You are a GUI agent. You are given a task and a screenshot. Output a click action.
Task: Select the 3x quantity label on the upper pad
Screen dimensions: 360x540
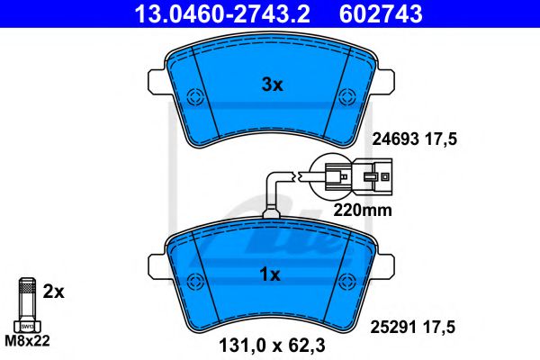click(x=272, y=85)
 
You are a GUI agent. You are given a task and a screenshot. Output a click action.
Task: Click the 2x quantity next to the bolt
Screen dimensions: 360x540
click(x=53, y=292)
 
